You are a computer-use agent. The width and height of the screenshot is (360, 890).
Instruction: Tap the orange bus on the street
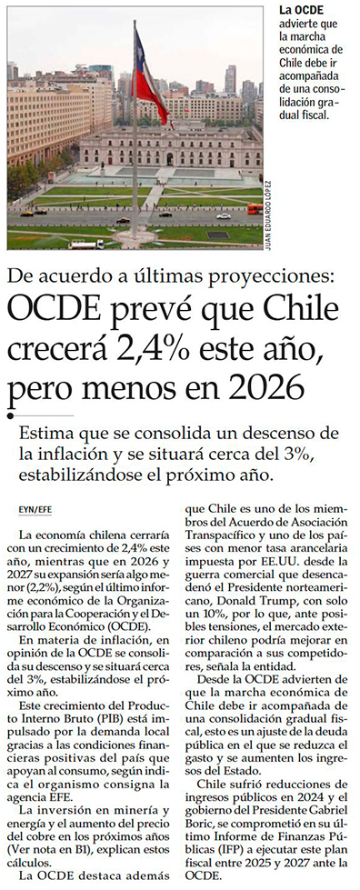pyautogui.click(x=255, y=208)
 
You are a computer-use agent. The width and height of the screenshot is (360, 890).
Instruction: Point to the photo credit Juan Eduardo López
pyautogui.click(x=268, y=215)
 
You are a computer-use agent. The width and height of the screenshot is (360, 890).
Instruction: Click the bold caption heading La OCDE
pyautogui.click(x=302, y=11)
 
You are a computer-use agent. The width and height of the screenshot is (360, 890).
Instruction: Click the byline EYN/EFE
pyautogui.click(x=35, y=510)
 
